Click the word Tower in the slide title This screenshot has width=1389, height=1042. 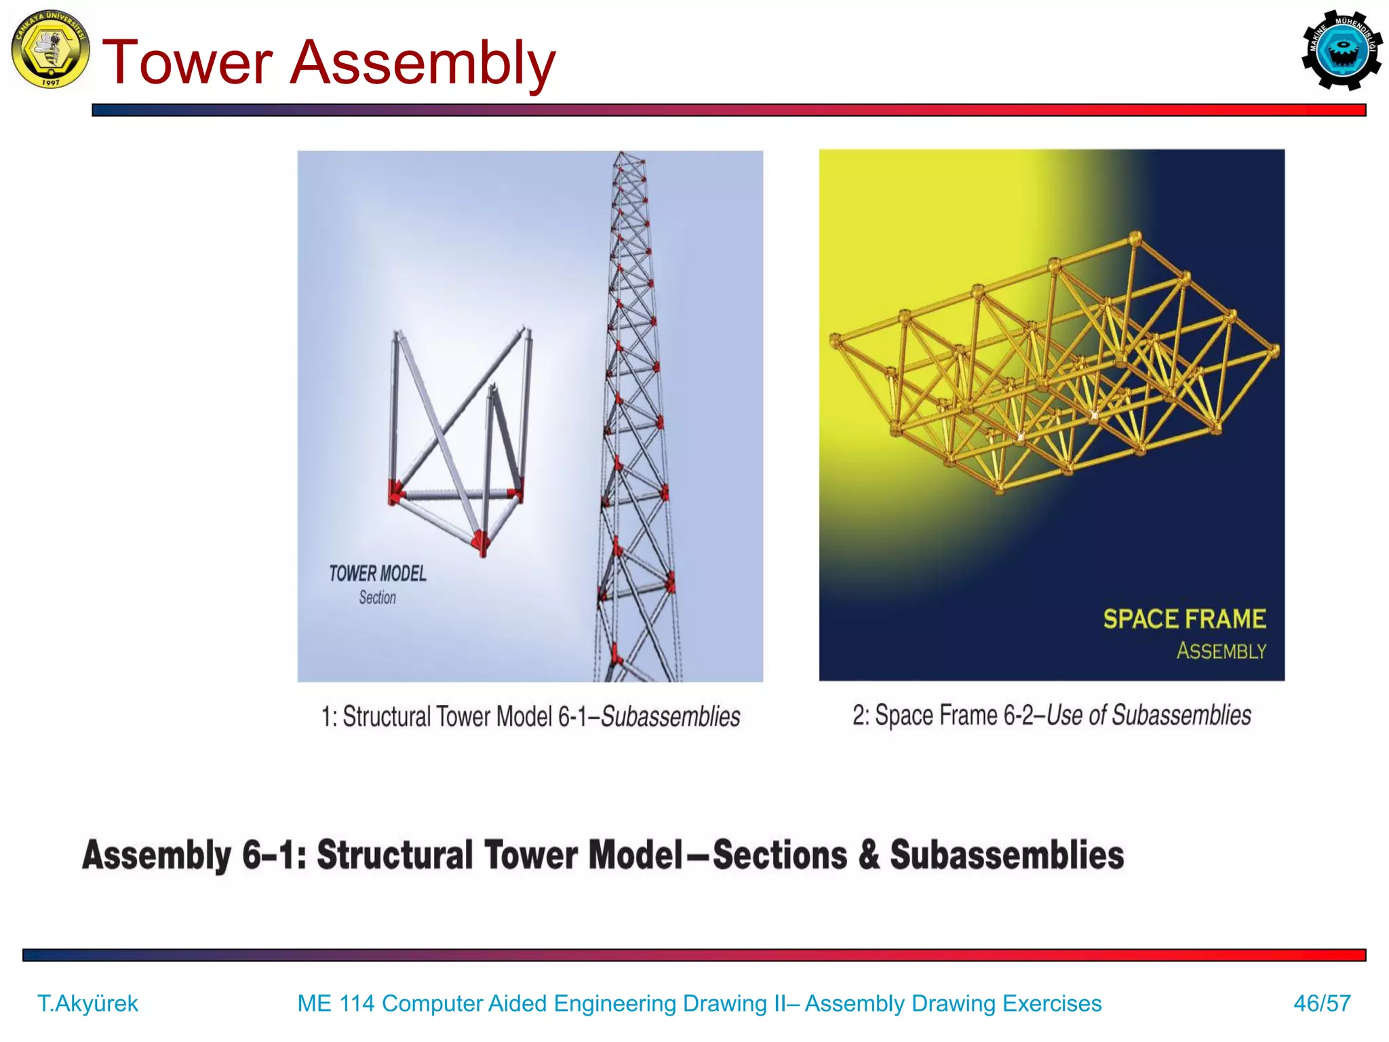[187, 62]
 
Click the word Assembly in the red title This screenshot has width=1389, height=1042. [422, 62]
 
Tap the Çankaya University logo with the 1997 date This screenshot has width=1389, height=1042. [50, 49]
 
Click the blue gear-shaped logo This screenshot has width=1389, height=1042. [1341, 50]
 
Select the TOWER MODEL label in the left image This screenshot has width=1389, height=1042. [377, 574]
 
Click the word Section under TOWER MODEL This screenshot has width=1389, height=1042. [377, 598]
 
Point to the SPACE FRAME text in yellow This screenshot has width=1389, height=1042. [1183, 619]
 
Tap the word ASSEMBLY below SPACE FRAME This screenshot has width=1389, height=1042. [1221, 651]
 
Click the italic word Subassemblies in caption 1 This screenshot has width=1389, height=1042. [670, 717]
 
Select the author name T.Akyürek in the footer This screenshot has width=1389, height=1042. [87, 1003]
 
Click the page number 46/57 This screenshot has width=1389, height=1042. [1321, 1003]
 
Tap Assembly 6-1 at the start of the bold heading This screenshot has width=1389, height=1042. [193, 855]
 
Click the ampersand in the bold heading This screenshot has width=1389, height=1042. [869, 855]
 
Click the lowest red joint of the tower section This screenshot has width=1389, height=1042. [481, 542]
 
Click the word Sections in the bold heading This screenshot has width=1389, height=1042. [779, 855]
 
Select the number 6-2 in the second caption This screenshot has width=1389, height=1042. [1019, 716]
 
